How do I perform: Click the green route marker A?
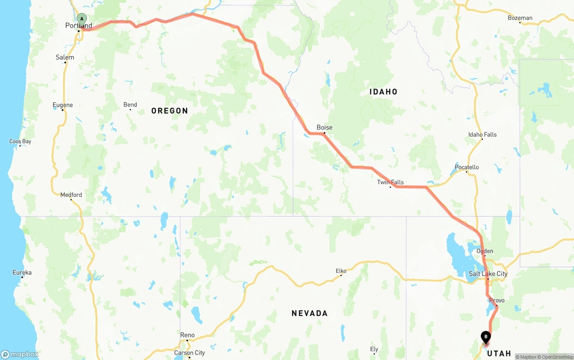tap(82, 19)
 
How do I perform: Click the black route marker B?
tap(486, 337)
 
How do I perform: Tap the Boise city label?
tap(324, 127)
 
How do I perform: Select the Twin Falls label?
tap(390, 182)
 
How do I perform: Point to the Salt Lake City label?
tap(488, 273)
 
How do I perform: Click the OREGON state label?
tap(170, 111)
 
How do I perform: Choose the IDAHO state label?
tap(383, 92)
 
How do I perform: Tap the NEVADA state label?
tap(309, 313)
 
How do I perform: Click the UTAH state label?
tap(499, 353)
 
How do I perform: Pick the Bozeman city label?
tap(520, 18)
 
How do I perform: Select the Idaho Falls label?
tap(483, 134)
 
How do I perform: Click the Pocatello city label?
tap(466, 167)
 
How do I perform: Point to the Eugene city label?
tap(62, 105)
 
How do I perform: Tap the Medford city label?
tap(71, 195)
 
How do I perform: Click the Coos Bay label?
tap(20, 142)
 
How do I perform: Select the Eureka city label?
tap(22, 272)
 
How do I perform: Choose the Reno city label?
tap(187, 335)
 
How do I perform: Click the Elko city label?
tap(341, 271)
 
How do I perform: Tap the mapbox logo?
tap(20, 354)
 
